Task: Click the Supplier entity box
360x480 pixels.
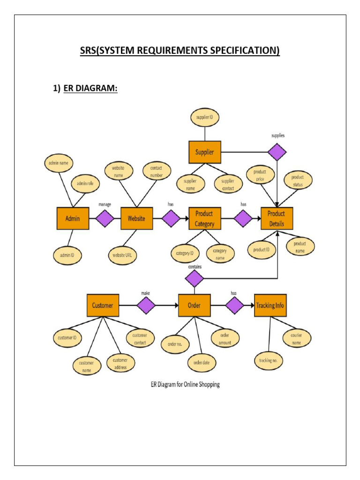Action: click(204, 152)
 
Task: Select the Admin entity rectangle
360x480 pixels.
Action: click(73, 218)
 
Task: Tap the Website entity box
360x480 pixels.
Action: click(136, 218)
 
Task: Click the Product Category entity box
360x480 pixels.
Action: click(204, 218)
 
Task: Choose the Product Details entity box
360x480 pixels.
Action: click(277, 218)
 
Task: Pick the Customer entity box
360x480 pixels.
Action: click(103, 305)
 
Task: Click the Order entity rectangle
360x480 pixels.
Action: click(194, 305)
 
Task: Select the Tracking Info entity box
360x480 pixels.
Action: click(270, 305)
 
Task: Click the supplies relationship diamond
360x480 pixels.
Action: click(277, 152)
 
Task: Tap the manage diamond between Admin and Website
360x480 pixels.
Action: click(105, 218)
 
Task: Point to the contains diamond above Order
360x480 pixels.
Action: click(194, 279)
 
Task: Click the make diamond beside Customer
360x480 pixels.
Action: click(146, 305)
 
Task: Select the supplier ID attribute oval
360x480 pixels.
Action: click(204, 117)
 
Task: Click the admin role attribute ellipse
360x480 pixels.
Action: click(85, 184)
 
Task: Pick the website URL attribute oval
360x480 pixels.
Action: click(123, 255)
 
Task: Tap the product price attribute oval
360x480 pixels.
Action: click(260, 175)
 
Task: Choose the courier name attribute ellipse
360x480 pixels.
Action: click(296, 337)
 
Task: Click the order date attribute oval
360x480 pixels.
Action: click(202, 362)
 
